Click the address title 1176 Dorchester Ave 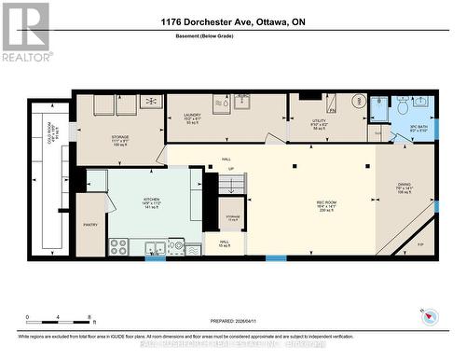click(232, 21)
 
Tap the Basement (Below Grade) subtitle click(232, 36)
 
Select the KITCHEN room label click(151, 201)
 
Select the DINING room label click(404, 187)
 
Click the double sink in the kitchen click(155, 248)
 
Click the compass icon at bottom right click(430, 316)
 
